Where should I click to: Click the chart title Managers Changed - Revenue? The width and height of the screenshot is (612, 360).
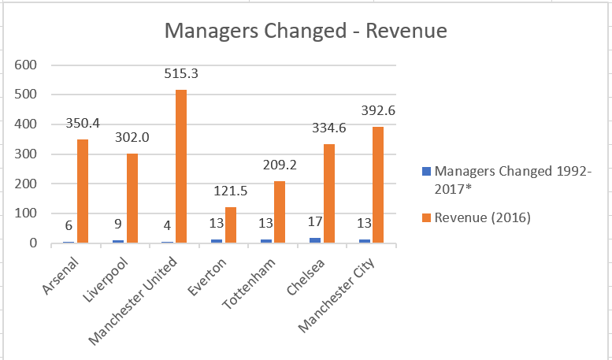pyautogui.click(x=305, y=32)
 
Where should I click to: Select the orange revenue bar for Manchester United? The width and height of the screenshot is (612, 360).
pyautogui.click(x=181, y=166)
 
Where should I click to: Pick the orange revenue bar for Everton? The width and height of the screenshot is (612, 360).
pyautogui.click(x=230, y=225)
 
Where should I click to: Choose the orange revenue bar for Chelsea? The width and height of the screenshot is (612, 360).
pyautogui.click(x=328, y=193)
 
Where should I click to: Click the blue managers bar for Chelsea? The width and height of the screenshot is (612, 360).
pyautogui.click(x=316, y=239)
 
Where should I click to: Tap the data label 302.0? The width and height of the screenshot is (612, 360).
pyautogui.click(x=132, y=136)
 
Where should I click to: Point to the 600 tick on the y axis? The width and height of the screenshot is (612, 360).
pyautogui.click(x=27, y=65)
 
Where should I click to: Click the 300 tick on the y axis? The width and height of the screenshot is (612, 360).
pyautogui.click(x=27, y=154)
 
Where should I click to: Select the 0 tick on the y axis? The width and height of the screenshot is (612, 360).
pyautogui.click(x=34, y=243)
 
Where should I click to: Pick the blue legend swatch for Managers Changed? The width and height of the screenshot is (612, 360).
pyautogui.click(x=427, y=171)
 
